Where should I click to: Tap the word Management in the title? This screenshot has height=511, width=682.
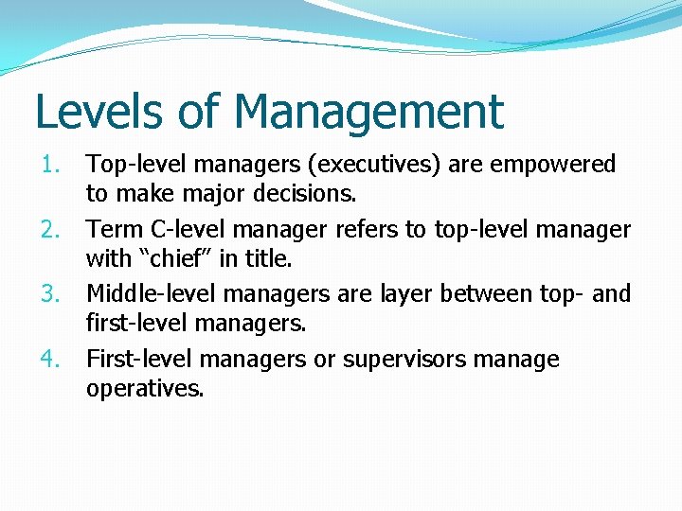(x=369, y=112)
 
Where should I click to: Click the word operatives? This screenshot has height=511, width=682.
(x=145, y=388)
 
